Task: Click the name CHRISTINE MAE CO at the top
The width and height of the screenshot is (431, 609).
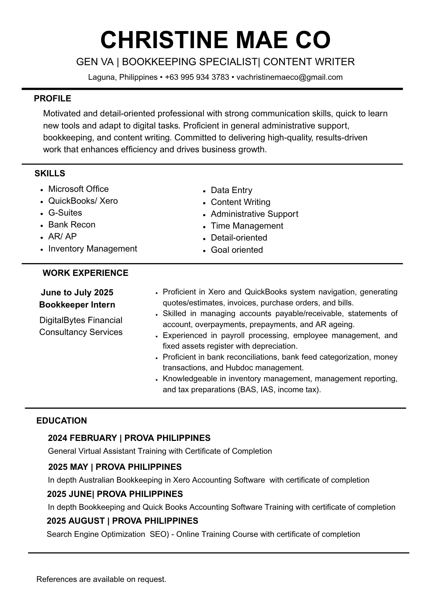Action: pos(215,40)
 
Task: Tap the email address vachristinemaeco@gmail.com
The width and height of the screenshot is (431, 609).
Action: pos(289,77)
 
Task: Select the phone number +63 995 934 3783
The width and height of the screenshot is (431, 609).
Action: pos(197,77)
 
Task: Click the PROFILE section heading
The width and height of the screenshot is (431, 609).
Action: pos(52,99)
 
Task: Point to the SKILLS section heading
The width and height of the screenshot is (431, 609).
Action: pos(50,174)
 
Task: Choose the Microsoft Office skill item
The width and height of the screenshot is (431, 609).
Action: pos(78,189)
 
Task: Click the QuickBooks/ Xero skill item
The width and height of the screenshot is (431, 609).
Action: pos(83,201)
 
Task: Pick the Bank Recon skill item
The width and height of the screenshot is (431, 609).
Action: pos(72,225)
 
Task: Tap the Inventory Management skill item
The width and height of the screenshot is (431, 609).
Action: pos(93,249)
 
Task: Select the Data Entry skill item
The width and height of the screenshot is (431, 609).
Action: pos(231,190)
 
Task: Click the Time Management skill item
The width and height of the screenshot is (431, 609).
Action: pos(247,226)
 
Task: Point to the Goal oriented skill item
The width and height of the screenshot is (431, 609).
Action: pos(237,250)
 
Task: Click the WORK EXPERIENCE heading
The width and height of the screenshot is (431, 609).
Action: pos(85,273)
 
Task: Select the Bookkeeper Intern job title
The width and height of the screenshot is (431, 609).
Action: pos(77,305)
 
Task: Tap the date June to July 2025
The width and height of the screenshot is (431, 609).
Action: pos(77,293)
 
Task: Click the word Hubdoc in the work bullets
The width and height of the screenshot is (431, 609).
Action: pos(239,368)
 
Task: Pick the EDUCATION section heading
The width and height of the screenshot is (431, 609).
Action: pos(62,421)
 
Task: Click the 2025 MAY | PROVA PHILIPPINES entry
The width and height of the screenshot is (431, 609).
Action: pos(115,467)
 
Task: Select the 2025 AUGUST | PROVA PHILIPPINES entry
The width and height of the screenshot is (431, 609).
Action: pos(123,521)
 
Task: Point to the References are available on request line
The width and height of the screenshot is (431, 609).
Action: pos(101,579)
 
